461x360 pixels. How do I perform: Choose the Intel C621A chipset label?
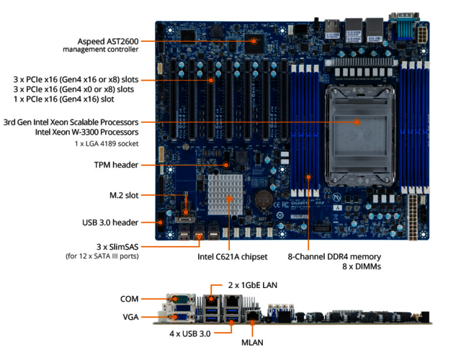pyautogui.click(x=232, y=256)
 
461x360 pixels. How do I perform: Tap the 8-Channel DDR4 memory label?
pyautogui.click(x=334, y=256)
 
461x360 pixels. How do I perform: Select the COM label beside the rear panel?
pyautogui.click(x=130, y=298)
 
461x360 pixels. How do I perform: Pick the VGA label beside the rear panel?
pyautogui.click(x=130, y=315)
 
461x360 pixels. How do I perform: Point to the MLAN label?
pyautogui.click(x=252, y=343)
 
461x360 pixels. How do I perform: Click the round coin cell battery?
pyautogui.click(x=264, y=196)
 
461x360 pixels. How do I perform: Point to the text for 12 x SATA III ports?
pyautogui.click(x=102, y=256)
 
